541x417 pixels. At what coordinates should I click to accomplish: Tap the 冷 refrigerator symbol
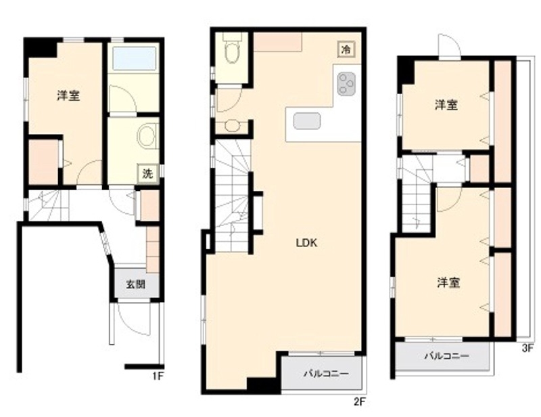pyautogui.click(x=346, y=49)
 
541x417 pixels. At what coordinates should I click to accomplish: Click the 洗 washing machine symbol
pyautogui.click(x=147, y=173)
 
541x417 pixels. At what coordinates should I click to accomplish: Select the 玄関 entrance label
pyautogui.click(x=135, y=285)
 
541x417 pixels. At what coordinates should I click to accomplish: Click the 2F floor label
pyautogui.click(x=359, y=401)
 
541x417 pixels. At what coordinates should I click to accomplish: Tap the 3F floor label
pyautogui.click(x=527, y=350)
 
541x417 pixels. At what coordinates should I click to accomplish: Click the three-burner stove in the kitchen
pyautogui.click(x=346, y=84)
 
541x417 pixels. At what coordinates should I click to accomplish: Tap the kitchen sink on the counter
pyautogui.click(x=308, y=120)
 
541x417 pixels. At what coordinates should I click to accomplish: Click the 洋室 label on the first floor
pyautogui.click(x=68, y=95)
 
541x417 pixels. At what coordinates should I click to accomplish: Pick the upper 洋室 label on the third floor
pyautogui.click(x=446, y=105)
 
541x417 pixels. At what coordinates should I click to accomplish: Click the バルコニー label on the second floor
pyautogui.click(x=325, y=374)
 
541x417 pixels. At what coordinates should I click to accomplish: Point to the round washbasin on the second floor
pyautogui.click(x=232, y=126)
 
